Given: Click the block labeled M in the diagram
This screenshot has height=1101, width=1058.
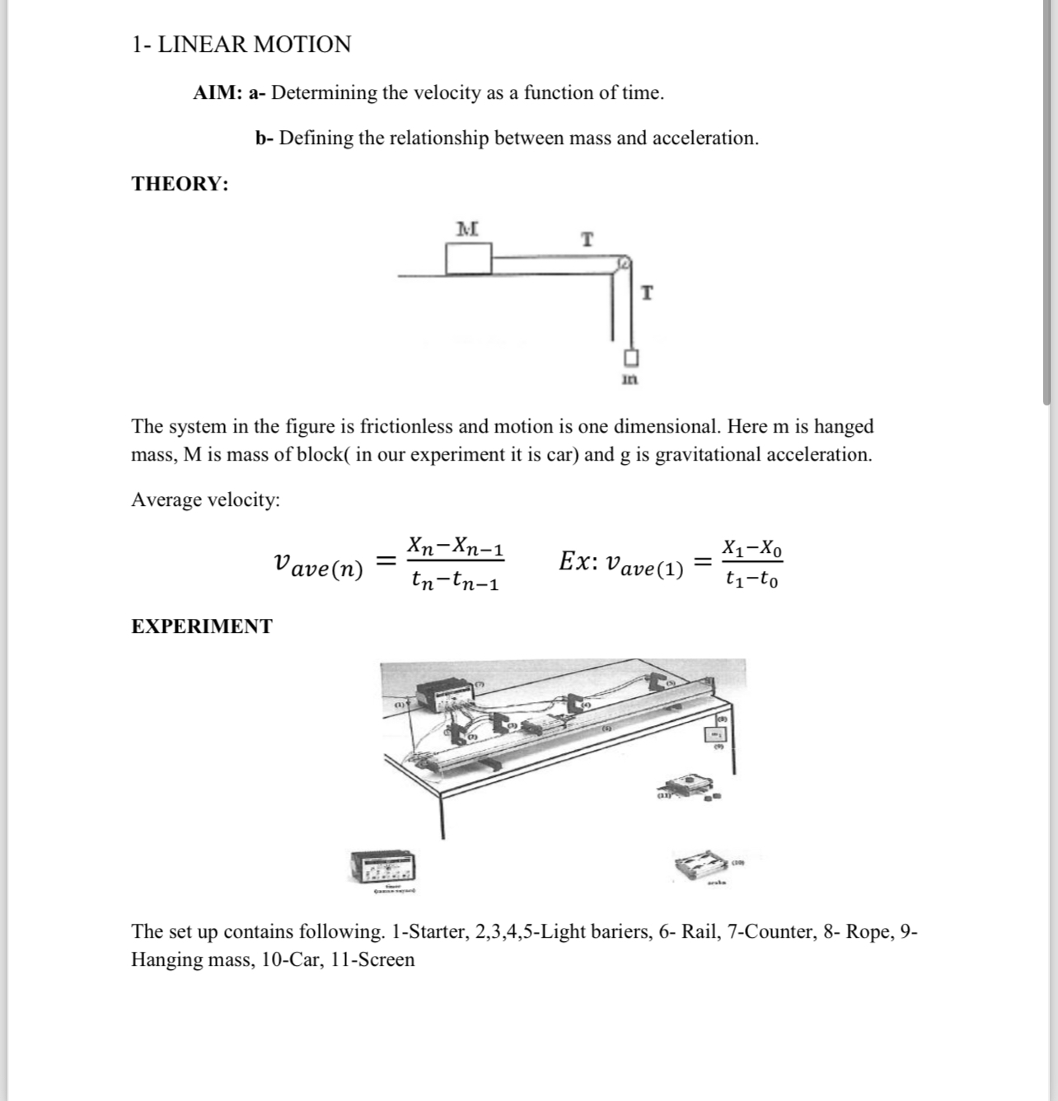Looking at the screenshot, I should pyautogui.click(x=468, y=259).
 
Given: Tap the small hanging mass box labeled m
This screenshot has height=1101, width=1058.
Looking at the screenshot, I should pyautogui.click(x=630, y=358).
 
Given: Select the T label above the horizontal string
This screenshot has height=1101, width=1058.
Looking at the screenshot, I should pyautogui.click(x=587, y=240).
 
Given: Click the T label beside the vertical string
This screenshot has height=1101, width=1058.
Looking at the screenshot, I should pyautogui.click(x=647, y=293).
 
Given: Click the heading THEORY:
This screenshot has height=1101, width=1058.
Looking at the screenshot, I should pyautogui.click(x=180, y=184).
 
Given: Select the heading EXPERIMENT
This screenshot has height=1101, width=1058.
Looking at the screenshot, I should pyautogui.click(x=202, y=626).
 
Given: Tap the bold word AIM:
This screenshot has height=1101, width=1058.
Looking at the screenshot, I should pyautogui.click(x=218, y=93).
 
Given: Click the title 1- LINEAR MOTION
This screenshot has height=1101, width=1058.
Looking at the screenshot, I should pyautogui.click(x=241, y=45).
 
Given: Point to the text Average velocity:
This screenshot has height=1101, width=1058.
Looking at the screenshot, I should pyautogui.click(x=206, y=500).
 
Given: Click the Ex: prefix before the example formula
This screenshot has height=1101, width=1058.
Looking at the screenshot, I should pyautogui.click(x=578, y=562).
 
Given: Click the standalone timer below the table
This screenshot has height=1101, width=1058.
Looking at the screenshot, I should pyautogui.click(x=383, y=866).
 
